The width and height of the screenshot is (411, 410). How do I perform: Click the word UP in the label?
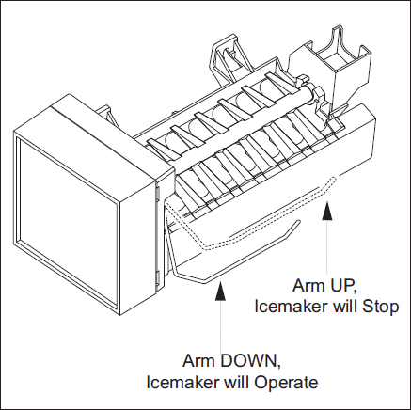click(x=340, y=286)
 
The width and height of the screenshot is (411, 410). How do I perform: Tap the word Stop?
click(x=380, y=307)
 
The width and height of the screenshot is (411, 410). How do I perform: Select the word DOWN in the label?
click(x=250, y=361)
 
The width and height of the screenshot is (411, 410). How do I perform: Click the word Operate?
click(x=286, y=383)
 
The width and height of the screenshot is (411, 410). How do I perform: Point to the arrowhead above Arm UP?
click(x=327, y=212)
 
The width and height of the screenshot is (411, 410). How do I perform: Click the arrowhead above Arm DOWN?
click(x=220, y=292)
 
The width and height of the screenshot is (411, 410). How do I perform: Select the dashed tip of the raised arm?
click(x=333, y=180)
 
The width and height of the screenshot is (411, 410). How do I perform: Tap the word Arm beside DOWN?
click(x=199, y=361)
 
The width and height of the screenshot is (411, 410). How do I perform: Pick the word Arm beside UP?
click(x=307, y=286)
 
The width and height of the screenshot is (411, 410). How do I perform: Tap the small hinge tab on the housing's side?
click(x=158, y=193)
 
